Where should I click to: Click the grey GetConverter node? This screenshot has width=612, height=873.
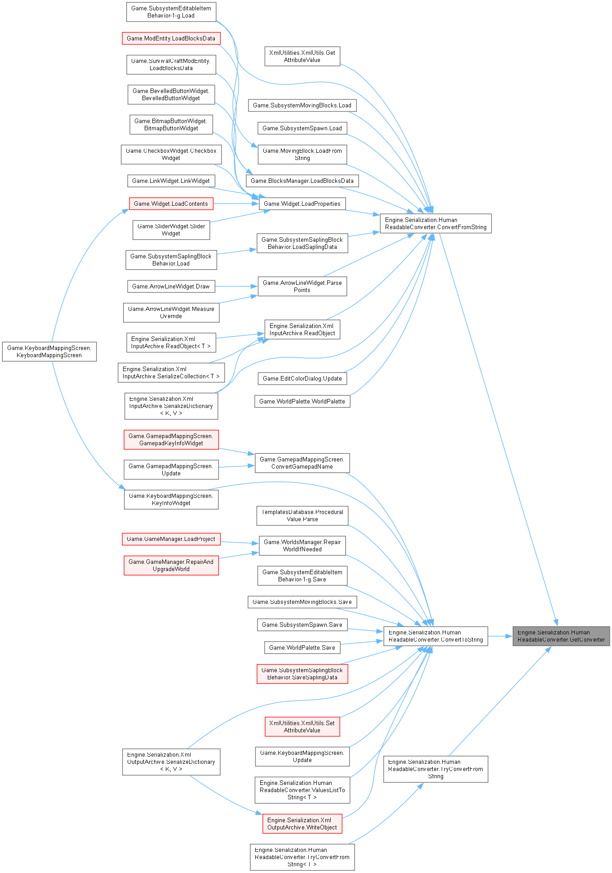(x=561, y=636)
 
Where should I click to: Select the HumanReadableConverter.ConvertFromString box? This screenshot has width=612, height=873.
(x=435, y=223)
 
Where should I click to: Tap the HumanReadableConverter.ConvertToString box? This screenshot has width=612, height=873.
(x=435, y=636)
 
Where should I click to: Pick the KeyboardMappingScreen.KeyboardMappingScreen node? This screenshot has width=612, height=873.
(x=49, y=351)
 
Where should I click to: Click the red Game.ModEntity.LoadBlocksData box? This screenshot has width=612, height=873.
(x=171, y=38)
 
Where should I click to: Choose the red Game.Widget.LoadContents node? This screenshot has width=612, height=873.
(x=171, y=204)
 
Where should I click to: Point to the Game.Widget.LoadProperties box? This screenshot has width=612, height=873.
(x=302, y=204)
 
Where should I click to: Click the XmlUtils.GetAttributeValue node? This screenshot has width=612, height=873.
(x=302, y=56)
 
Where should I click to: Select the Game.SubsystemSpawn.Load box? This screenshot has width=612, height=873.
(x=302, y=128)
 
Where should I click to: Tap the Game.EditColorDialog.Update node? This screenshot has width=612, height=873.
(x=302, y=378)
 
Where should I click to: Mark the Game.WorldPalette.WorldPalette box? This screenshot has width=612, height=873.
(x=302, y=401)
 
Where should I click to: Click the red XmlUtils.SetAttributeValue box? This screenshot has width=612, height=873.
(x=302, y=727)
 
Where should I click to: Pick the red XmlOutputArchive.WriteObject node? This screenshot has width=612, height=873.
(x=302, y=824)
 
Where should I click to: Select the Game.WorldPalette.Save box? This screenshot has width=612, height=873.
(x=302, y=647)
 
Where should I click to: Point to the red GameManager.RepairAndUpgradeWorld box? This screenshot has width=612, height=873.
(x=171, y=565)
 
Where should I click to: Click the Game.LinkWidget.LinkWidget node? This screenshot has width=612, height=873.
(x=171, y=181)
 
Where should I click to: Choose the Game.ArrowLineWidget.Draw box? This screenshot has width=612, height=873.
(x=171, y=286)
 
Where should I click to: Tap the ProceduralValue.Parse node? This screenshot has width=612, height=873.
(x=302, y=515)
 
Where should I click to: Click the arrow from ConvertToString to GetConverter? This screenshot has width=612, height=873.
(x=500, y=636)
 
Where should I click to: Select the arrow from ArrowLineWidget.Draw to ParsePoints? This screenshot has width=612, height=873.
(x=236, y=286)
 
